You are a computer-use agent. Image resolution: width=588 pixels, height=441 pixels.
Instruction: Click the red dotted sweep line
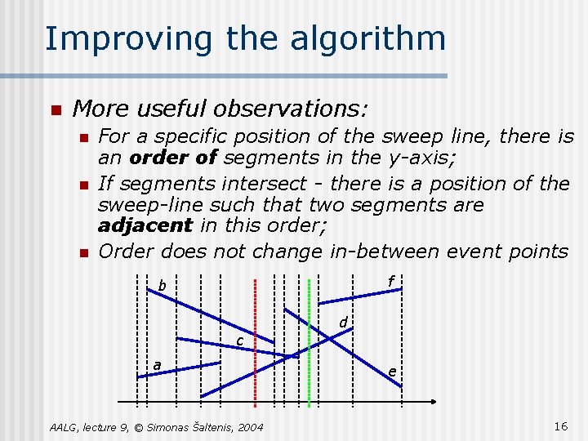pyautogui.click(x=256, y=343)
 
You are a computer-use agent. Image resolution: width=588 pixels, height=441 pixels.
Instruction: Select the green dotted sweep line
pyautogui.click(x=309, y=343)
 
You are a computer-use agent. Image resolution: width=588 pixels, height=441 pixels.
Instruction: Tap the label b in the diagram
pyautogui.click(x=162, y=286)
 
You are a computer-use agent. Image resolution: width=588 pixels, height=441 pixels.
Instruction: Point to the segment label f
pyautogui.click(x=391, y=282)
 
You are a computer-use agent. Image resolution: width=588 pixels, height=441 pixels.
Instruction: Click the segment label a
pyautogui.click(x=157, y=365)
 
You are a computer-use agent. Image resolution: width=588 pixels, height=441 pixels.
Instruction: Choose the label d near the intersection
pyautogui.click(x=345, y=323)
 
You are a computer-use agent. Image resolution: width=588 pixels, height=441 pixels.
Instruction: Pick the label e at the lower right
pyautogui.click(x=392, y=372)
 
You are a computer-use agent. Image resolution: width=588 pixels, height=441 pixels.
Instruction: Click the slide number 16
pyautogui.click(x=560, y=426)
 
